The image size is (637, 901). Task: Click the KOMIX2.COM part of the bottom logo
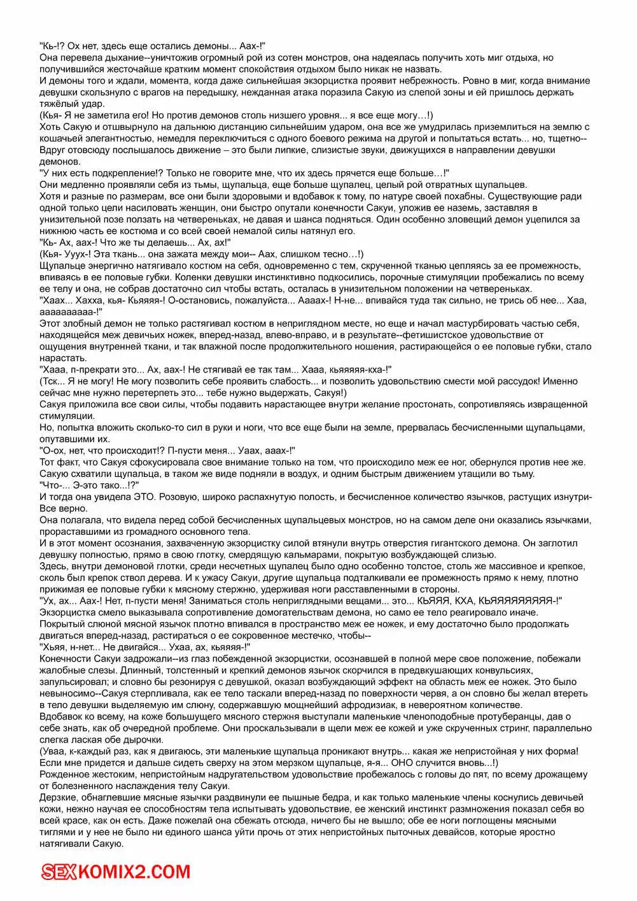135,872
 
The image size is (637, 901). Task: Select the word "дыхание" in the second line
123,57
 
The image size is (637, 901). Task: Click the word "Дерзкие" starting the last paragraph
58,797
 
